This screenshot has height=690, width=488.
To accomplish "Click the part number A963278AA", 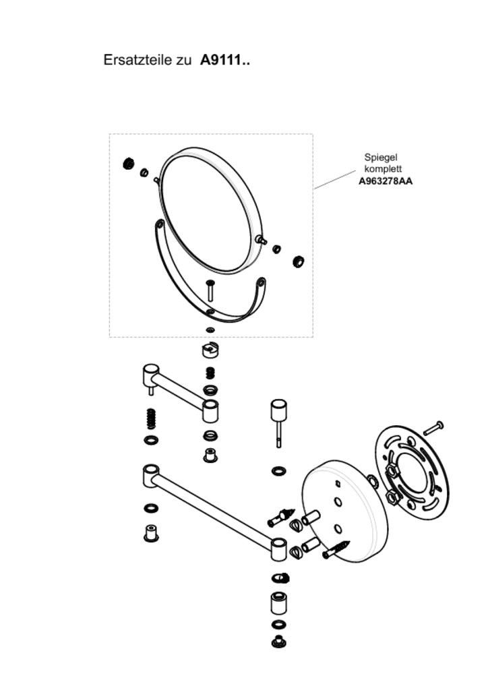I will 386,181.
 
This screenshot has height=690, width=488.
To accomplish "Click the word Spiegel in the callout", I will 381,157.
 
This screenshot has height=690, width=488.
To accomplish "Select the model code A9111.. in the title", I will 225,60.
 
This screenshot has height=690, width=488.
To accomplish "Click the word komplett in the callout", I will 383,168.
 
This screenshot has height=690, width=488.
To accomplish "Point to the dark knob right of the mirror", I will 299,261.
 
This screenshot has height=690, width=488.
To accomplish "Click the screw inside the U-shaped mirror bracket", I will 210,291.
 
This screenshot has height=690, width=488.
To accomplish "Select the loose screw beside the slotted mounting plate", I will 433,428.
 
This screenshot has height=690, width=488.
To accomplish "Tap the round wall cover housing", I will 344,510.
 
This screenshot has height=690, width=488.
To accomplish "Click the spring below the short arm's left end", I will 151,418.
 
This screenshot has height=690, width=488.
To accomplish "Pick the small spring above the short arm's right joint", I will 210,372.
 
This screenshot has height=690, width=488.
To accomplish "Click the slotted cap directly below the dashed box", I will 211,350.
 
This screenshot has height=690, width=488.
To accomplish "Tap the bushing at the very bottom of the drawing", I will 278,641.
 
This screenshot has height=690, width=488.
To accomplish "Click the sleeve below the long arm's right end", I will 278,602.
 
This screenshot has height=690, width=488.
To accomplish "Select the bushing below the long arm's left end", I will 151,533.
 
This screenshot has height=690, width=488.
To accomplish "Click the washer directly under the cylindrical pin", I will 278,470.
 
